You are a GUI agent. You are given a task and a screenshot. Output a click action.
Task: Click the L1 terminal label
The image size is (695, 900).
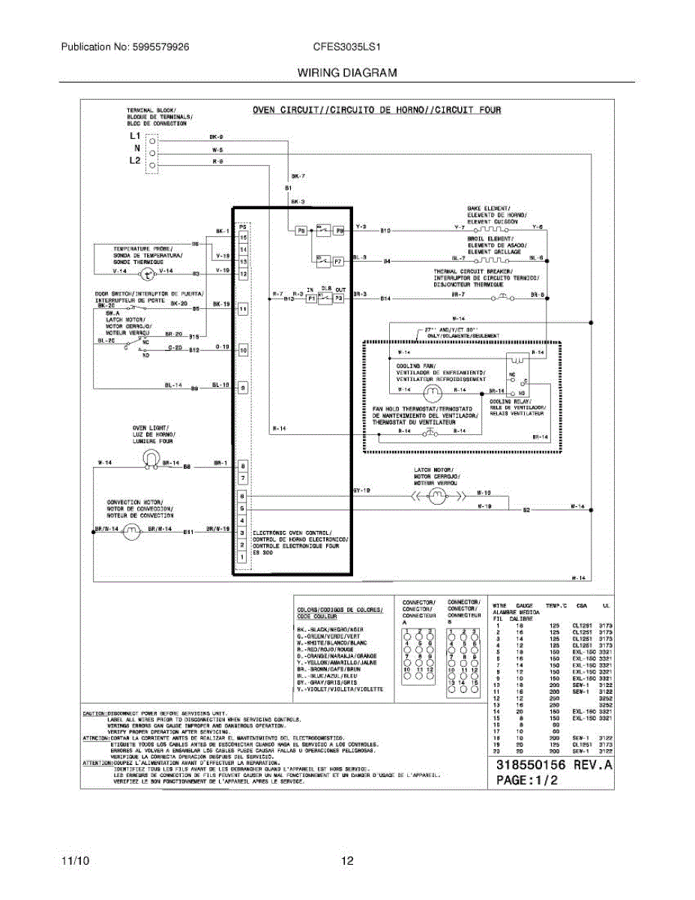click(x=135, y=136)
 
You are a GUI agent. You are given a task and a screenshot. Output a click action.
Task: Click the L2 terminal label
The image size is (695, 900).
click(x=135, y=160)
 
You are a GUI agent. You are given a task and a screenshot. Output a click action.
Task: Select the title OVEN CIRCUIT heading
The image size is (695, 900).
click(x=376, y=110)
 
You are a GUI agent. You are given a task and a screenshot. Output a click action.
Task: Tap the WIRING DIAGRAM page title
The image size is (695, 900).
click(x=346, y=73)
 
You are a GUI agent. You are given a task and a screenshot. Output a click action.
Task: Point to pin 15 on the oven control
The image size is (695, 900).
click(x=243, y=237)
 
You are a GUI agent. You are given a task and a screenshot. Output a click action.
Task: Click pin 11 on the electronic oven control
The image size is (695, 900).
click(x=243, y=308)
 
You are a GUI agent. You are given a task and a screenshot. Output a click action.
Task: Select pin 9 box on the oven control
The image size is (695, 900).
click(x=243, y=388)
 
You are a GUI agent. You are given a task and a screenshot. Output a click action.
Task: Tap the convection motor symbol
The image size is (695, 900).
click(x=132, y=531)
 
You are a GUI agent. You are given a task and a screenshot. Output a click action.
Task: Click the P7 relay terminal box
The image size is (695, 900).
click(x=337, y=262)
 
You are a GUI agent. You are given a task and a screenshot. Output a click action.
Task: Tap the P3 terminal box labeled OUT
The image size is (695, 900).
click(x=339, y=298)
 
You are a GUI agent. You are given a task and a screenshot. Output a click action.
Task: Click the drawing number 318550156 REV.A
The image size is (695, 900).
click(x=555, y=766)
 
